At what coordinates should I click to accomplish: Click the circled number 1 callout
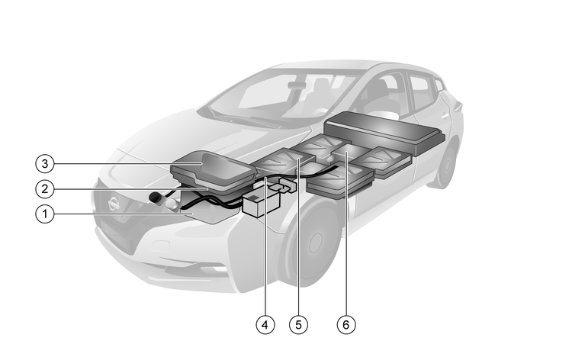45,214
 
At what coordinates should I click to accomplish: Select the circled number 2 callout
45,189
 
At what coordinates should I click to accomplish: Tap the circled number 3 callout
45,163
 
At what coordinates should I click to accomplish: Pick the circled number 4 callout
265,325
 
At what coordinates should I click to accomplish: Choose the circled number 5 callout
298,325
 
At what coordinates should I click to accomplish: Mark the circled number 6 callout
346,325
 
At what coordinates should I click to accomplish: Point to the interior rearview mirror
297,85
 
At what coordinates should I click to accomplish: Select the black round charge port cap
156,198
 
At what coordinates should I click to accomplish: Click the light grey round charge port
172,204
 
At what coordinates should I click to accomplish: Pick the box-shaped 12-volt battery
261,204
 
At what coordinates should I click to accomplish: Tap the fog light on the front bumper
218,269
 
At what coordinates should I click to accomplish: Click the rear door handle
445,117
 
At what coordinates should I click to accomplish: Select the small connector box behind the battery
288,184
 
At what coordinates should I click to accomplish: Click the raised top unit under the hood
214,170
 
